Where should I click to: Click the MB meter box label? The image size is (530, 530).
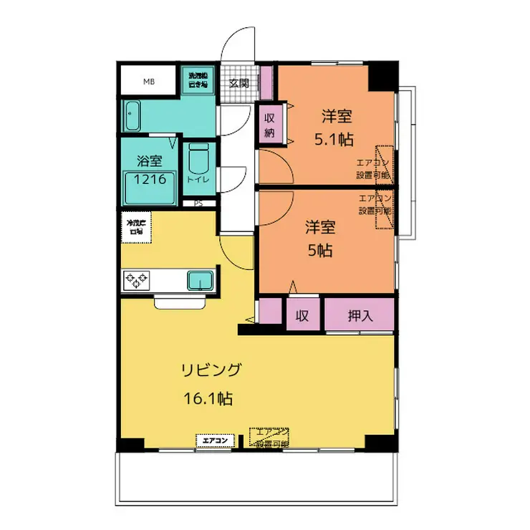click(x=148, y=82)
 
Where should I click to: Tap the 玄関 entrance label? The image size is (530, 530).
click(x=238, y=82)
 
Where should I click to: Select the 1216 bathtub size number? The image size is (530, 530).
click(x=150, y=179)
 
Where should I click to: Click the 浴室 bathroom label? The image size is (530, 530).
click(x=149, y=162)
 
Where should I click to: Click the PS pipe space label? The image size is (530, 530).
click(x=198, y=203)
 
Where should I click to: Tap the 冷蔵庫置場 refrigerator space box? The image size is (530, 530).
click(x=136, y=227)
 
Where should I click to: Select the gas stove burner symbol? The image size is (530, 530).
click(x=136, y=280)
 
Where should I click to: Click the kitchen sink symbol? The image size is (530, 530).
click(x=201, y=280)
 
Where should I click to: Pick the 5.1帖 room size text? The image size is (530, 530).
click(x=335, y=139)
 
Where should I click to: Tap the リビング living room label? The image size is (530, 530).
click(x=211, y=370)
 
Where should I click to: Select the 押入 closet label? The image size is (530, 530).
click(x=361, y=315)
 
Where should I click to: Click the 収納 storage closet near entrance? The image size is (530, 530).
click(x=270, y=125)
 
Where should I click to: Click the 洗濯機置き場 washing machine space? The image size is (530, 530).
click(x=198, y=79)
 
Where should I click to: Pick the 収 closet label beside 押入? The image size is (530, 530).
click(x=303, y=315)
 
